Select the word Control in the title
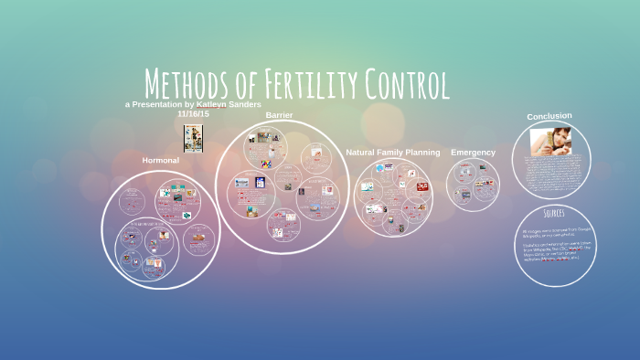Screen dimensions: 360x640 pyautogui.click(x=406, y=84)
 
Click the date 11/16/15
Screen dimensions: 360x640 pyautogui.click(x=194, y=114)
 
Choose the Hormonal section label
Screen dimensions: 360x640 pyautogui.click(x=160, y=160)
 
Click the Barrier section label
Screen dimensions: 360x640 pyautogui.click(x=279, y=115)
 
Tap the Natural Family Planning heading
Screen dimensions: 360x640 pyautogui.click(x=392, y=152)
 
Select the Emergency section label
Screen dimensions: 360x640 pyautogui.click(x=473, y=152)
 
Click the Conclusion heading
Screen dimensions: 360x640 pyautogui.click(x=549, y=116)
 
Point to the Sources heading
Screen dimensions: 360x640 pyautogui.click(x=553, y=213)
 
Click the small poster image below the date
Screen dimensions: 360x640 pyautogui.click(x=193, y=138)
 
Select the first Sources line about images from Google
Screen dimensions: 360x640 pyautogui.click(x=552, y=232)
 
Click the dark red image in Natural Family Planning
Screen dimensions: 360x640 pyautogui.click(x=422, y=186)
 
